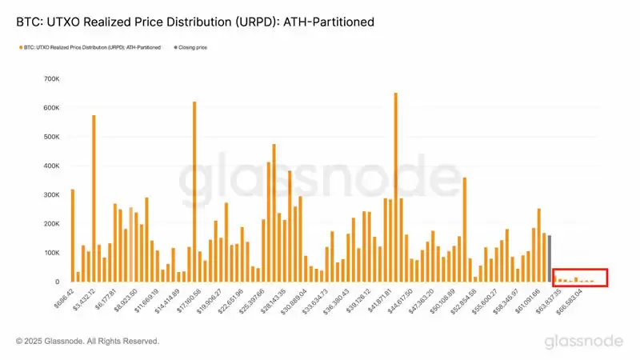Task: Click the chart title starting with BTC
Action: (x=195, y=22)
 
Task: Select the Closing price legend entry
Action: (x=192, y=47)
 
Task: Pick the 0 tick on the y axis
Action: (x=56, y=282)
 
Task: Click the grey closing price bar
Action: (x=550, y=258)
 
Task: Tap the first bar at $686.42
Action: (x=72, y=235)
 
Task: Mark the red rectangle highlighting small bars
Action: (x=581, y=278)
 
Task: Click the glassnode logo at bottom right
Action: (x=584, y=342)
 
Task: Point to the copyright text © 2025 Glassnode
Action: (x=87, y=342)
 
